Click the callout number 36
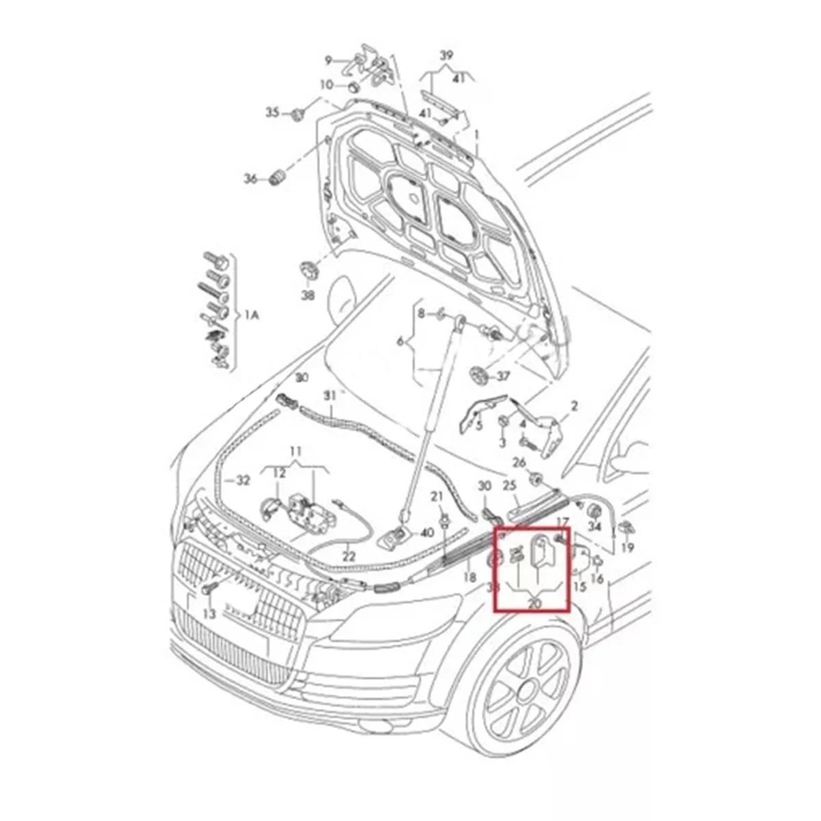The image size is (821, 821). pyautogui.click(x=250, y=179)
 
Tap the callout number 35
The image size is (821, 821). pyautogui.click(x=272, y=112)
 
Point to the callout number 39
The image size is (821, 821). pyautogui.click(x=446, y=55)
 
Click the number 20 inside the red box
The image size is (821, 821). pyautogui.click(x=534, y=603)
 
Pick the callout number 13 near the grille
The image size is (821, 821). pyautogui.click(x=209, y=614)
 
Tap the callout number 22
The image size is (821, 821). pyautogui.click(x=349, y=556)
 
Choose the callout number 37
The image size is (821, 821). pyautogui.click(x=503, y=376)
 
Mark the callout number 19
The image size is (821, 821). pyautogui.click(x=628, y=547)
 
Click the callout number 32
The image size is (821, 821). pyautogui.click(x=243, y=480)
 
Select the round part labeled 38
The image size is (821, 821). pyautogui.click(x=307, y=268)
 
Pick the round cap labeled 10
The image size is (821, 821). pyautogui.click(x=354, y=87)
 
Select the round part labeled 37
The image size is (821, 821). pyautogui.click(x=478, y=375)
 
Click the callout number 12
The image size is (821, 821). pyautogui.click(x=280, y=473)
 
